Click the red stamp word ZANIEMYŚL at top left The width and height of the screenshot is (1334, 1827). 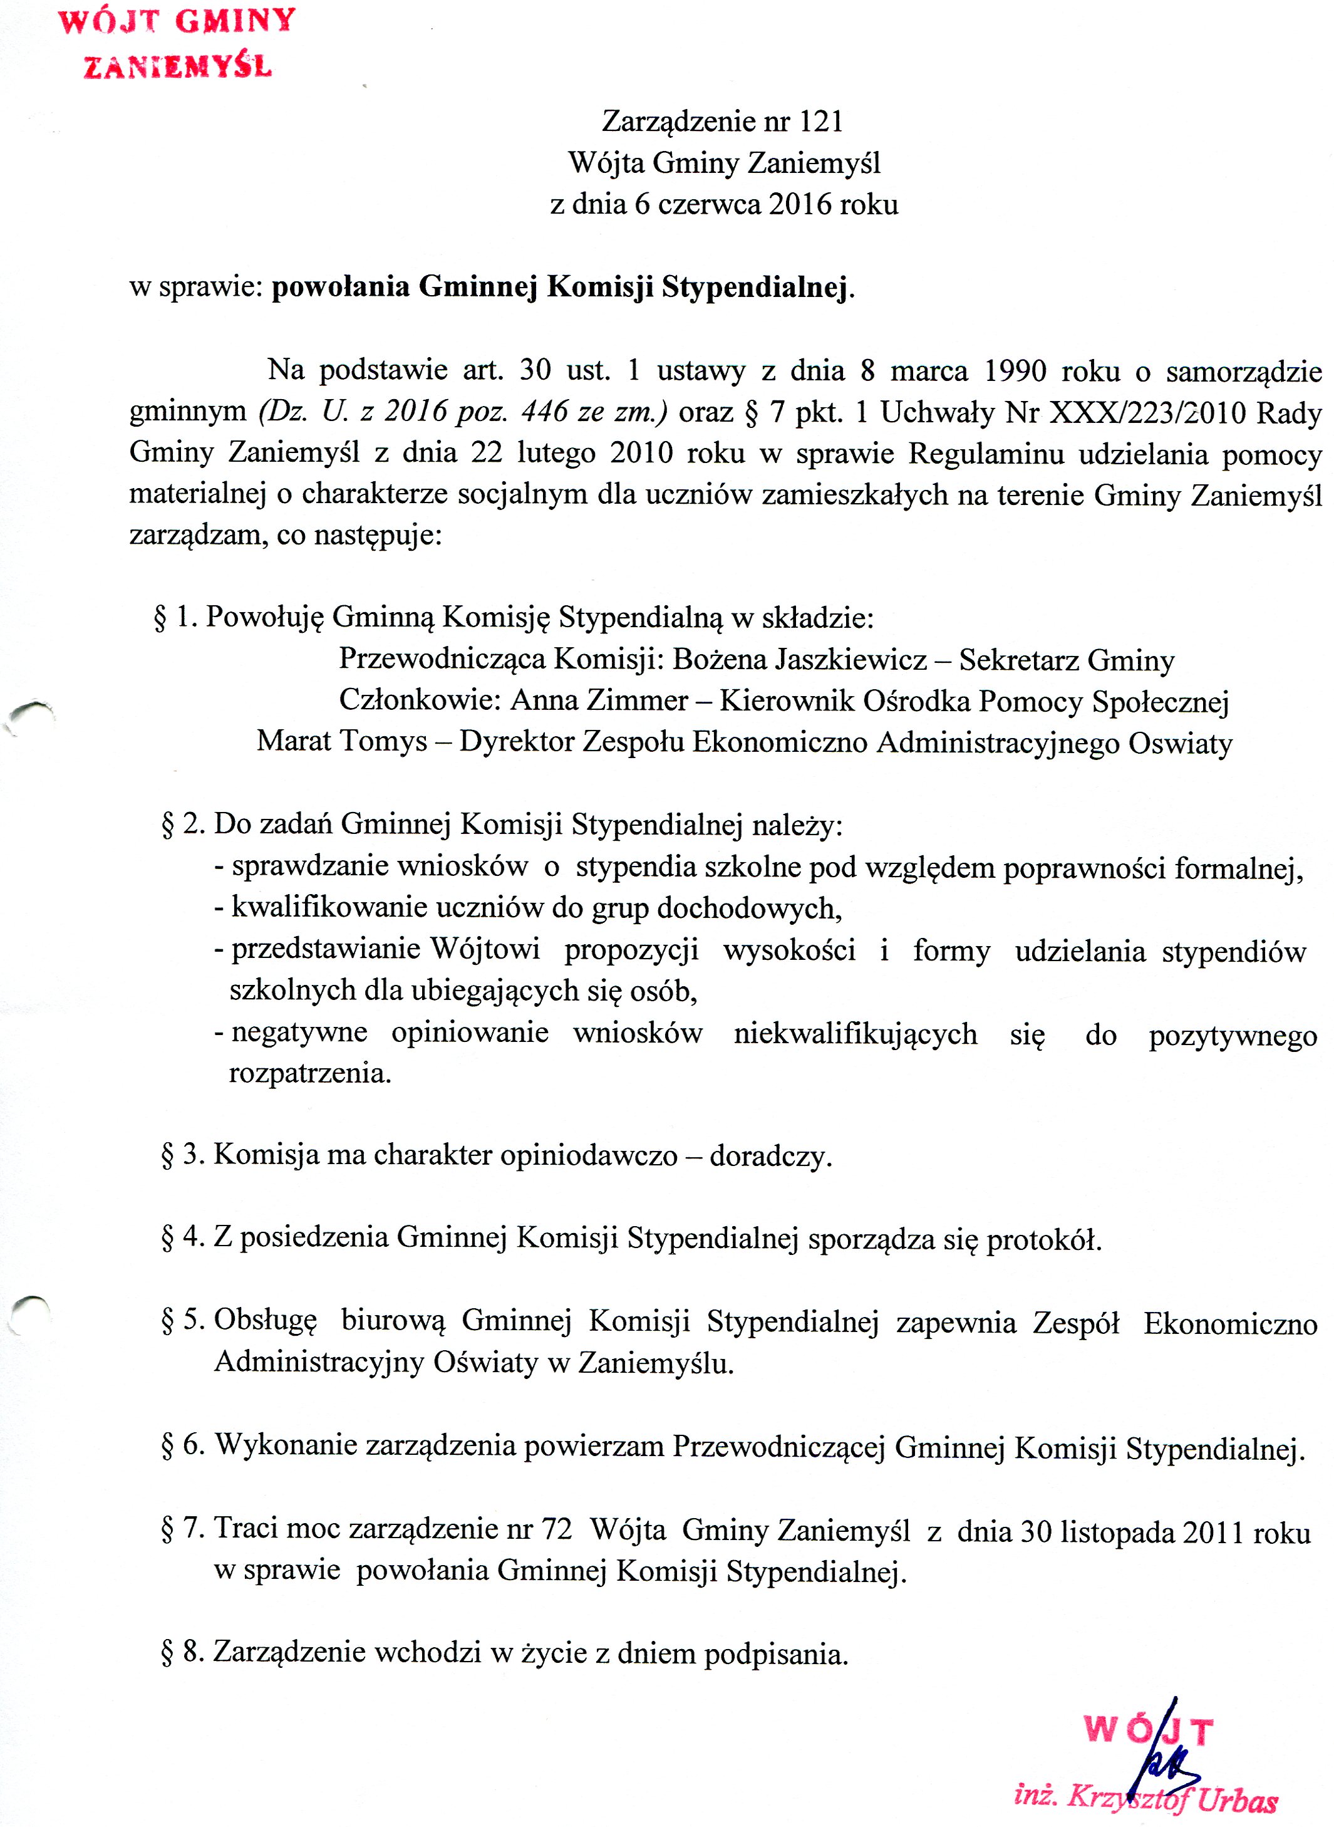coord(178,66)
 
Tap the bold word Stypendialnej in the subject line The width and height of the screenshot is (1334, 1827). coord(756,288)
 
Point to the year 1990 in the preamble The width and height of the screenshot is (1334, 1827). coord(1015,371)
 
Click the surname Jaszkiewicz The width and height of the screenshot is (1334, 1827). coord(851,660)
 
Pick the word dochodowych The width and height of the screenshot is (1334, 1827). coord(748,908)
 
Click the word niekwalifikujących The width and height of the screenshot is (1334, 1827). coord(855,1034)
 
